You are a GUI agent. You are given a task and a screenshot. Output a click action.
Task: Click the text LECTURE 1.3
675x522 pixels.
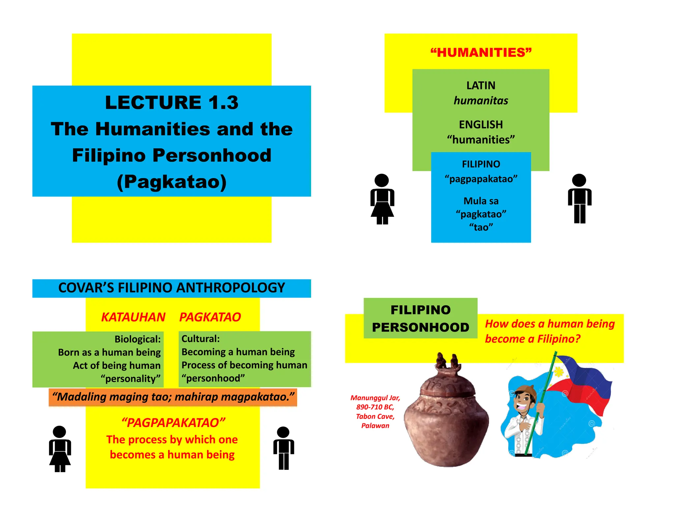tap(171, 102)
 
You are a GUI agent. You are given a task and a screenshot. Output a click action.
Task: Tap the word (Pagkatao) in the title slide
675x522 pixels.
tap(171, 182)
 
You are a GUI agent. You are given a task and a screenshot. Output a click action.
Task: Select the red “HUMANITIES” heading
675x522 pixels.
tap(481, 52)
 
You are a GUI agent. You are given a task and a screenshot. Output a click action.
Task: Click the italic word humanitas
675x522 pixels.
tap(481, 101)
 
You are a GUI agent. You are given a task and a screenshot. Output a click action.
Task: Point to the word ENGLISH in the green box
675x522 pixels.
tap(481, 124)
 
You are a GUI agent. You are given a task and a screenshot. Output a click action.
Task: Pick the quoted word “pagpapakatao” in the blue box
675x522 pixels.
tap(481, 179)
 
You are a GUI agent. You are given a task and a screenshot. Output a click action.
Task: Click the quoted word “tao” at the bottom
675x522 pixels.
tap(481, 227)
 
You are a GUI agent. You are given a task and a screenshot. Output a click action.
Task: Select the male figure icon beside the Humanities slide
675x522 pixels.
tap(579, 199)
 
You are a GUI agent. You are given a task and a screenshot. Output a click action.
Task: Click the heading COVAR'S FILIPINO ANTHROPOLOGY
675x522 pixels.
tap(171, 288)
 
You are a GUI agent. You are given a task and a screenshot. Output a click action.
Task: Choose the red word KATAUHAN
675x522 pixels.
tap(133, 317)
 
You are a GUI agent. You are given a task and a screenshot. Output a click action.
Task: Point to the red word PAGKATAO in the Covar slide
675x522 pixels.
tap(210, 317)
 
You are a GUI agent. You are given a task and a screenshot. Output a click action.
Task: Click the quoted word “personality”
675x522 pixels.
tap(131, 378)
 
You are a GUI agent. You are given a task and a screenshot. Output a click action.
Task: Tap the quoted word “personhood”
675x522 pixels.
tap(213, 378)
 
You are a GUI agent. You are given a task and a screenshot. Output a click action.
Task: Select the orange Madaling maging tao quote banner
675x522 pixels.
tap(173, 397)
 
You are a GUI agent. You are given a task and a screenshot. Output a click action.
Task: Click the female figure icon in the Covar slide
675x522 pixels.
tap(60, 449)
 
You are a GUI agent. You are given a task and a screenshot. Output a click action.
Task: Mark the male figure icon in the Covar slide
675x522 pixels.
tap(283, 448)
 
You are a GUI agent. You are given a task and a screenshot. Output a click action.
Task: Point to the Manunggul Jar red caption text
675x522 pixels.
tap(375, 411)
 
